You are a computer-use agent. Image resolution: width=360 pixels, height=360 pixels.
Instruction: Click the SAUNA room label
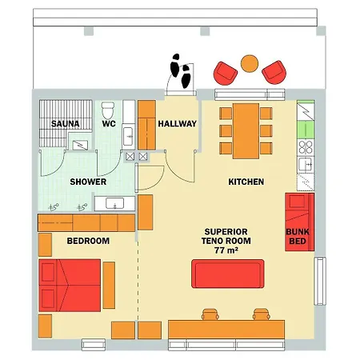click(66, 124)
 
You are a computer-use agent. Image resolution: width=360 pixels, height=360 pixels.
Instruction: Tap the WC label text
click(109, 124)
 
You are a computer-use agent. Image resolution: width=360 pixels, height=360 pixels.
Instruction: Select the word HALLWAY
click(178, 124)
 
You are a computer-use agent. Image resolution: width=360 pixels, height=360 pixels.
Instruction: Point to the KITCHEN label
click(246, 182)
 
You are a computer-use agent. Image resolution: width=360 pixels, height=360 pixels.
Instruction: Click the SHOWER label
click(88, 182)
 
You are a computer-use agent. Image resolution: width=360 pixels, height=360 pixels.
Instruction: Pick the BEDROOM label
click(88, 241)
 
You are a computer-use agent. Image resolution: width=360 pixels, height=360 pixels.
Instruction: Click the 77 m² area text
click(226, 250)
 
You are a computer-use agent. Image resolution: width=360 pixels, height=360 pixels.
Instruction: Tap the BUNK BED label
click(298, 237)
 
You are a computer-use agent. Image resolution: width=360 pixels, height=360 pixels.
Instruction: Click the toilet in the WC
click(108, 110)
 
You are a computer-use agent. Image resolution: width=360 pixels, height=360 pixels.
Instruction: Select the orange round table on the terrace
click(250, 63)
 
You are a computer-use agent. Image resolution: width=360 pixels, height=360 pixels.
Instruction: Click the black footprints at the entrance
click(181, 70)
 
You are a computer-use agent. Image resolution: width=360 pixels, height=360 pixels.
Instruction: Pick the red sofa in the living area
click(228, 274)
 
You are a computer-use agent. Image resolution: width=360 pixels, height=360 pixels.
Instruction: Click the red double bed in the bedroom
click(70, 286)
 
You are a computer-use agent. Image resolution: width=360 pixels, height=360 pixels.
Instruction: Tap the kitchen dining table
click(246, 131)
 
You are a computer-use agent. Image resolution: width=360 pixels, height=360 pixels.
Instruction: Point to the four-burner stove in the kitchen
click(306, 147)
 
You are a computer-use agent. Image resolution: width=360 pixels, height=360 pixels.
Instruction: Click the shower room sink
click(115, 203)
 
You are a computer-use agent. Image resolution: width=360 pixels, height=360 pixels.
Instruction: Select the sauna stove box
click(80, 145)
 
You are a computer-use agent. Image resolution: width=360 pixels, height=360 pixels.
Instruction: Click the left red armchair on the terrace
click(226, 74)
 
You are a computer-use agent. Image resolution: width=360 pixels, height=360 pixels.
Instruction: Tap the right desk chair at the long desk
click(262, 314)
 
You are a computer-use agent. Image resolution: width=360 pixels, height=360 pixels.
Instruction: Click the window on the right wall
click(320, 281)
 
